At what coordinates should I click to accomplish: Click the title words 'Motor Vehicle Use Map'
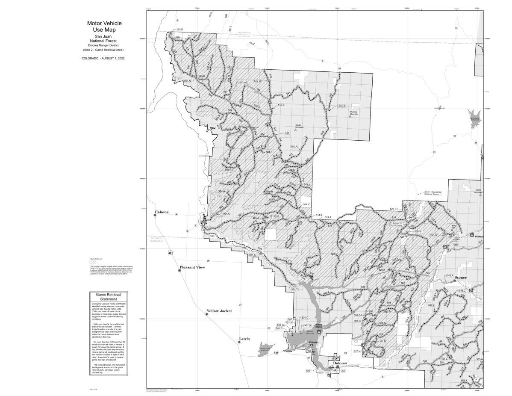click(101, 27)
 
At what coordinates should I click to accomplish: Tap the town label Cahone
click(162, 212)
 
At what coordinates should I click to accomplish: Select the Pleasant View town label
click(192, 267)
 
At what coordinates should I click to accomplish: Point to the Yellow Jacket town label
click(219, 311)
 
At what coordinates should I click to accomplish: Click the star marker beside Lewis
click(239, 342)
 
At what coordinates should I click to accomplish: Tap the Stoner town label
click(461, 278)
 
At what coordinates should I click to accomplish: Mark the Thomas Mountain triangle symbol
click(350, 116)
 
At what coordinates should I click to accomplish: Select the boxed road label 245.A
click(341, 106)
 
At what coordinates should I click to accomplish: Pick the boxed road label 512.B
click(281, 105)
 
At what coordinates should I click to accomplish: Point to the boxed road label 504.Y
click(294, 290)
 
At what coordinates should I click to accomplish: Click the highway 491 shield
click(171, 253)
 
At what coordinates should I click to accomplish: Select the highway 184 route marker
click(276, 353)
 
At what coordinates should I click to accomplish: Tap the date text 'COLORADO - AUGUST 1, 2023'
click(103, 58)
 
